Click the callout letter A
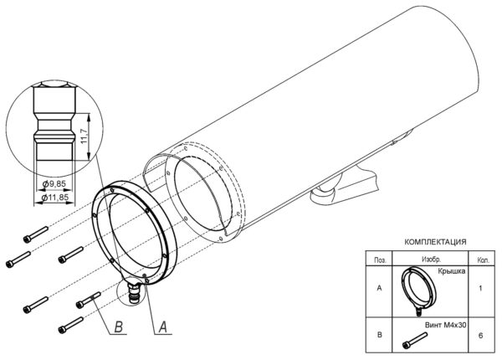pyautogui.click(x=163, y=327)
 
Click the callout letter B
pyautogui.click(x=119, y=327)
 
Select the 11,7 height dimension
pyautogui.click(x=84, y=136)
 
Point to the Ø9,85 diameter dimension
pyautogui.click(x=54, y=183)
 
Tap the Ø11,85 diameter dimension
pyautogui.click(x=55, y=198)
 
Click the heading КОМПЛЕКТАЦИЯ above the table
pyautogui.click(x=435, y=242)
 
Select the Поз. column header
pyautogui.click(x=380, y=260)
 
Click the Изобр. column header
pyautogui.click(x=431, y=260)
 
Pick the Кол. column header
pyautogui.click(x=483, y=260)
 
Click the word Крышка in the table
pyautogui.click(x=452, y=271)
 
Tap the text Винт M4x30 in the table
pyautogui.click(x=445, y=325)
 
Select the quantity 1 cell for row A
pyautogui.click(x=480, y=288)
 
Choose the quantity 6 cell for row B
pyautogui.click(x=480, y=336)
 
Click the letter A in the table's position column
pyautogui.click(x=379, y=288)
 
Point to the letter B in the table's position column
pyautogui.click(x=379, y=335)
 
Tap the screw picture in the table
pyautogui.click(x=415, y=341)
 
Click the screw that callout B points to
pyautogui.click(x=89, y=300)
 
